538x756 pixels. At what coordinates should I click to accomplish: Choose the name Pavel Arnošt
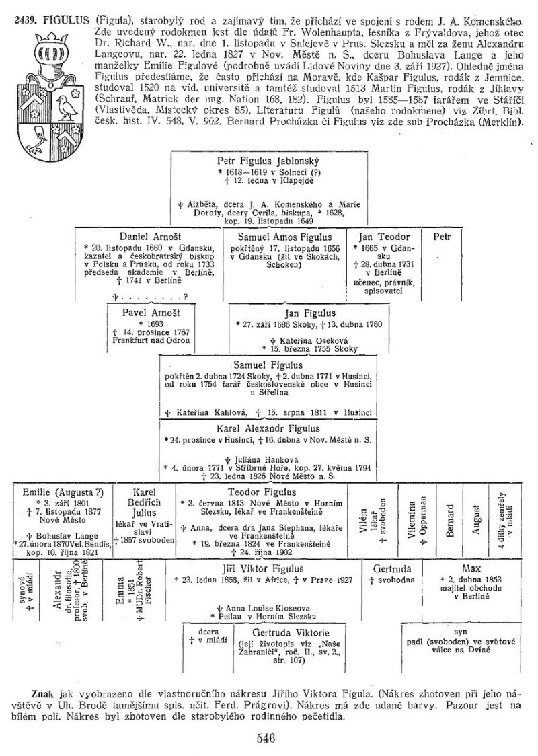148,313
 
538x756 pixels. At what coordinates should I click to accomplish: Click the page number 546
268,737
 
